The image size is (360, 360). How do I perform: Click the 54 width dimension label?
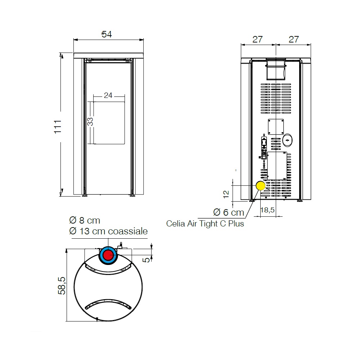tap(107, 35)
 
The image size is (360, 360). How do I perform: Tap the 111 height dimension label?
tap(58, 126)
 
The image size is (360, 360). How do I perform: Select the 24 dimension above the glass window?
tap(108, 95)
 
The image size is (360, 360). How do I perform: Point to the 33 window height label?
tap(90, 121)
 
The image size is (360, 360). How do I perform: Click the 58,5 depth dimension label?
tap(62, 286)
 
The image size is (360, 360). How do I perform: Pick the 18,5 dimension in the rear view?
tap(267, 210)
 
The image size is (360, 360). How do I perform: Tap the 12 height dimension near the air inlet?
tap(226, 194)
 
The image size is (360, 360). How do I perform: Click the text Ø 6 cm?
tap(229, 212)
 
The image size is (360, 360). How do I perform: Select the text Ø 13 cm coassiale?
tap(108, 231)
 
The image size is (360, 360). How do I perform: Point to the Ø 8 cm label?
tap(85, 220)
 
